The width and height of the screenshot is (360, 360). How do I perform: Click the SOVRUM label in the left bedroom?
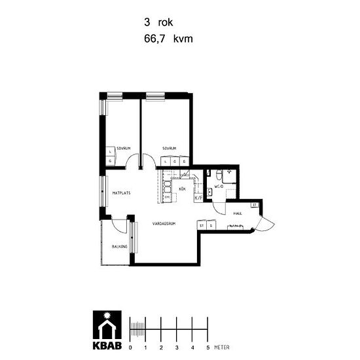pyautogui.click(x=124, y=149)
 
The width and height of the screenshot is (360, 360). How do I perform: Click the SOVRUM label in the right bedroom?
pyautogui.click(x=170, y=149)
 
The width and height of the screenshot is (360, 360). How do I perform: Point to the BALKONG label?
pyautogui.click(x=119, y=247)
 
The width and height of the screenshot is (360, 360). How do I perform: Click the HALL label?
pyautogui.click(x=238, y=213)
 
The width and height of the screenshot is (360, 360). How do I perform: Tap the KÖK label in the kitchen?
pyautogui.click(x=183, y=189)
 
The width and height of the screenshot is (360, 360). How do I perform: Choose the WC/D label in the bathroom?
pyautogui.click(x=219, y=187)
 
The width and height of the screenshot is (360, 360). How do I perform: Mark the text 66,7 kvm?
pyautogui.click(x=168, y=39)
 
